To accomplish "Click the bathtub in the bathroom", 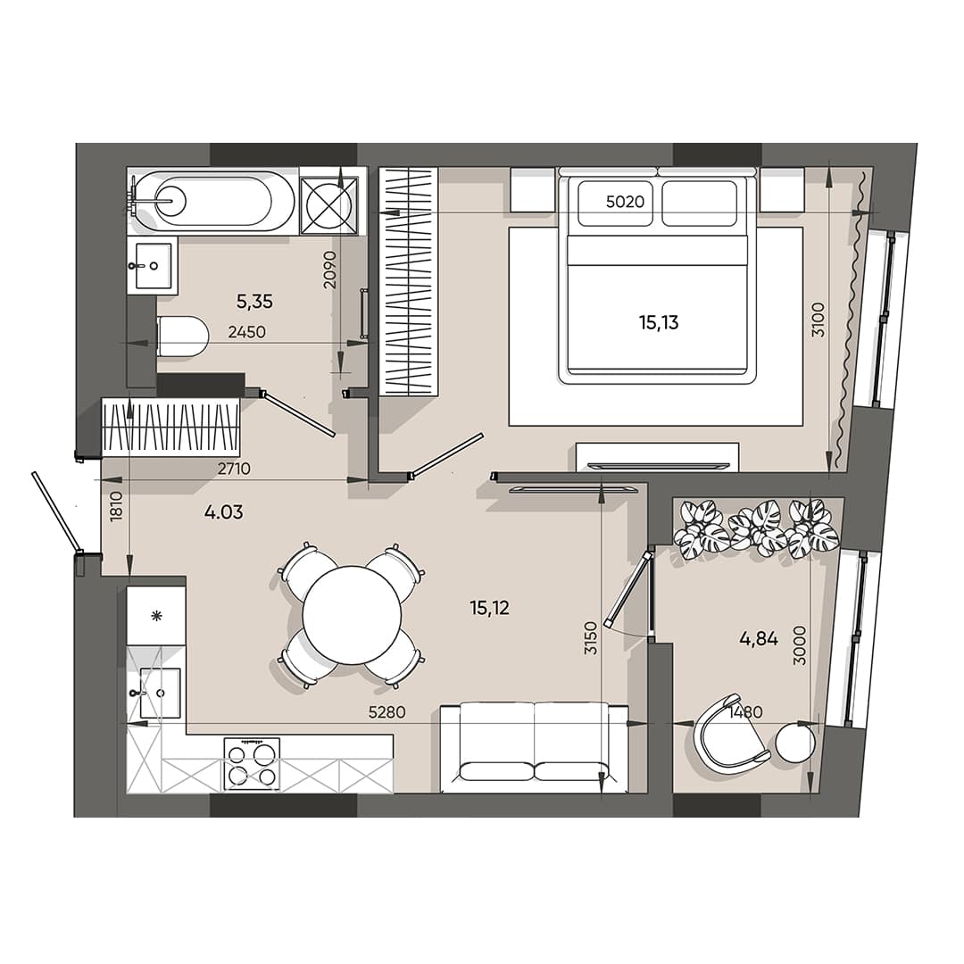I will click(214, 201).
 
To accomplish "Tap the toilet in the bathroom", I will click(183, 337).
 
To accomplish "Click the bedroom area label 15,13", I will click(658, 323).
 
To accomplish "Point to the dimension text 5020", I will click(625, 202).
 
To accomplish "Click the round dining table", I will click(351, 615).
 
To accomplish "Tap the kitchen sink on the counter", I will click(159, 693).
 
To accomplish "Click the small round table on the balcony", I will click(794, 743).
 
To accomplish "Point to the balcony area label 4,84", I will click(758, 638).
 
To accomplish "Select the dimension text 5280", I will click(388, 713).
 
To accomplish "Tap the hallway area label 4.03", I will click(223, 512).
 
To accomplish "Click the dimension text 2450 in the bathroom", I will click(246, 332).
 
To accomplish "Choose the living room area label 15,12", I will click(489, 608).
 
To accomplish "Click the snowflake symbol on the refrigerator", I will click(156, 616).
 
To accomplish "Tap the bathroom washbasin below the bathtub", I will click(153, 265).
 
